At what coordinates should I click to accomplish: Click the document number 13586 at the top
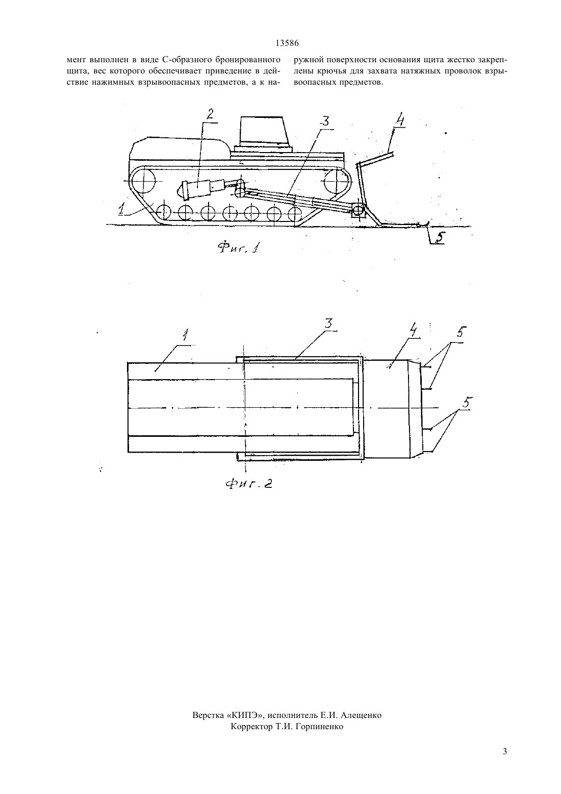(x=287, y=43)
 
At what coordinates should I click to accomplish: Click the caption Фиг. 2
(x=249, y=483)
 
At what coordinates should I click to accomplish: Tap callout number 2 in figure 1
(x=210, y=114)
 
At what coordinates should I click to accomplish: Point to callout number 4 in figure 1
(x=399, y=120)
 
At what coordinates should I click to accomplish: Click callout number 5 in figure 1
(x=439, y=237)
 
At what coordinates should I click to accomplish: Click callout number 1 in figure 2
(x=185, y=335)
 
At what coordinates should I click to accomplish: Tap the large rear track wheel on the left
(x=144, y=181)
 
